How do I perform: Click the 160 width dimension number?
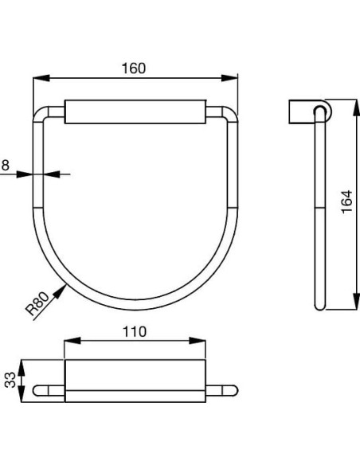coord(135,68)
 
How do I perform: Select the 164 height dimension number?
coord(345,205)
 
